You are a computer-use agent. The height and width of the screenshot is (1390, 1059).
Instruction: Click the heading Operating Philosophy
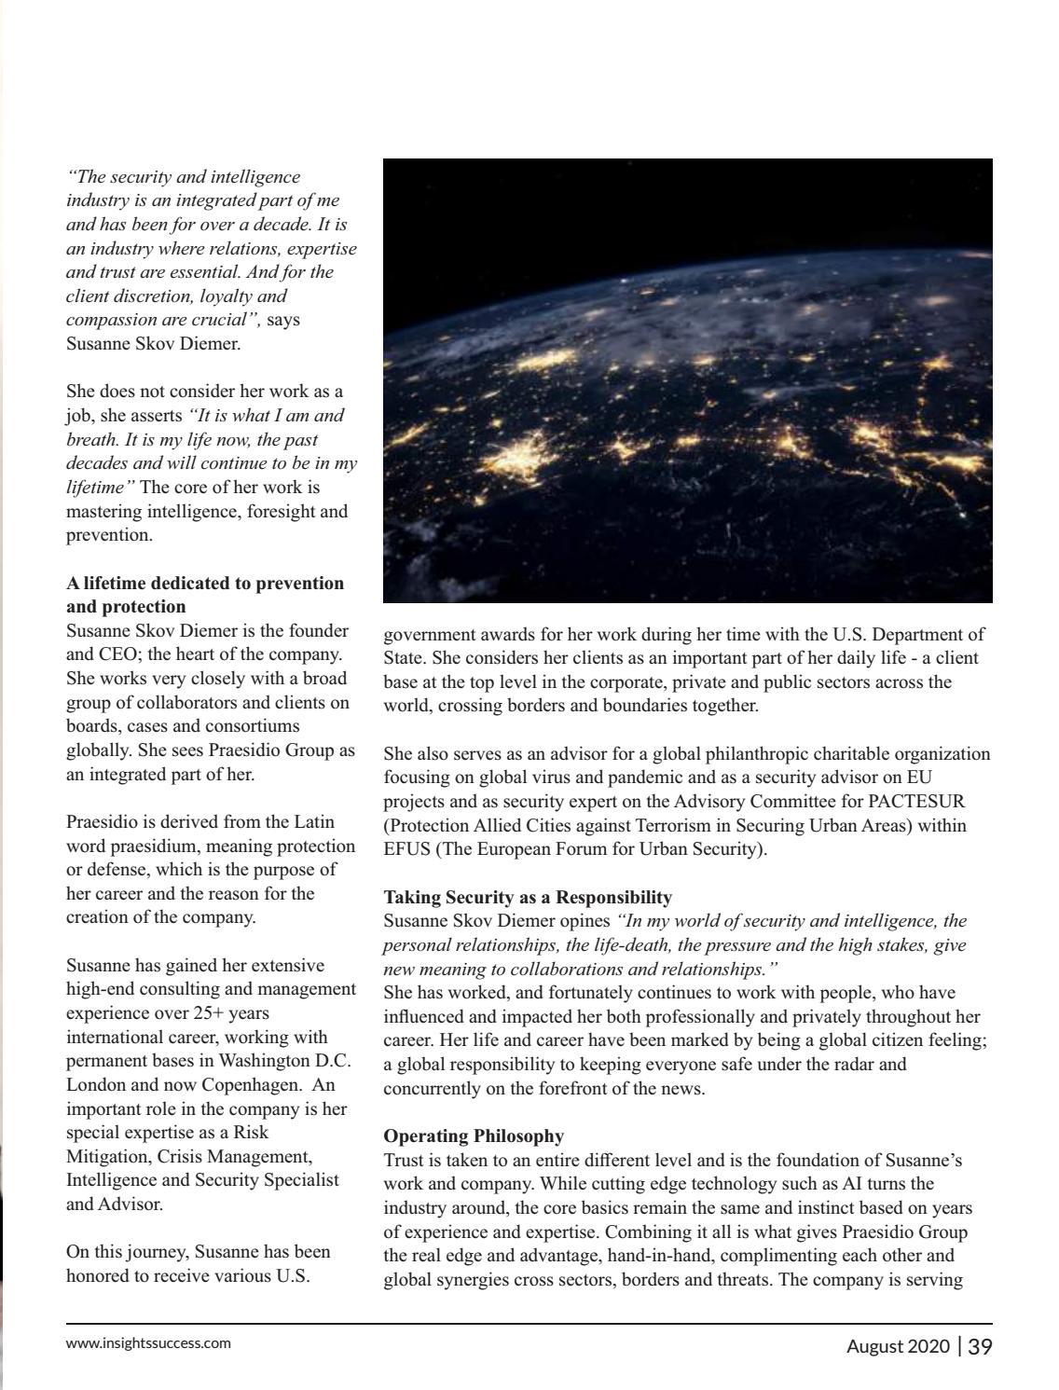pyautogui.click(x=474, y=1136)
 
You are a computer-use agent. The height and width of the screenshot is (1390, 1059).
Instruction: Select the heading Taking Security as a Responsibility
pyautogui.click(x=528, y=898)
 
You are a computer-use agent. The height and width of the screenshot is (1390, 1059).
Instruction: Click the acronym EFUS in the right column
pyautogui.click(x=406, y=849)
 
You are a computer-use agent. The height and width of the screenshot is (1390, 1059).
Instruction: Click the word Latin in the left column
pyautogui.click(x=314, y=822)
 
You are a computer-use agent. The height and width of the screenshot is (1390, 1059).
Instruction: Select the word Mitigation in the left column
pyautogui.click(x=104, y=1157)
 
